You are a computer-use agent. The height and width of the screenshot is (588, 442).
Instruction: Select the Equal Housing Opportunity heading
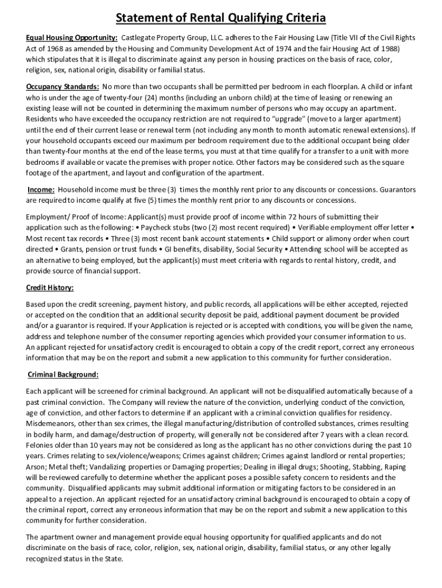point(72,37)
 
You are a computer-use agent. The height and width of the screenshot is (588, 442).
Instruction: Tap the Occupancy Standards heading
point(63,87)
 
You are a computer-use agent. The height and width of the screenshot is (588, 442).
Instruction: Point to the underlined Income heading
point(42,189)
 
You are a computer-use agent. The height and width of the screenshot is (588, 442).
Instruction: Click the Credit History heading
point(49,287)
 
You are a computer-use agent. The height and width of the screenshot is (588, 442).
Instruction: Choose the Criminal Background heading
point(63,374)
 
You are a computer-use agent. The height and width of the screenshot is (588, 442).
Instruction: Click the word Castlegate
point(142,37)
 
